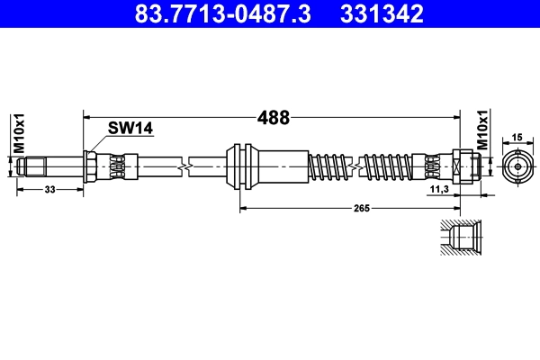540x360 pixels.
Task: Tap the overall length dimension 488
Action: [273, 117]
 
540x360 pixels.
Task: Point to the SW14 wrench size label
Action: [130, 130]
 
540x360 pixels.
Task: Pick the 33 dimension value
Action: [49, 190]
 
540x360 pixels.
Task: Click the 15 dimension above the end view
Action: [517, 137]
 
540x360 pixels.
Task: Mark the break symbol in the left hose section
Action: [185, 166]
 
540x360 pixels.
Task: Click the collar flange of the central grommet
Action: [237, 166]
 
